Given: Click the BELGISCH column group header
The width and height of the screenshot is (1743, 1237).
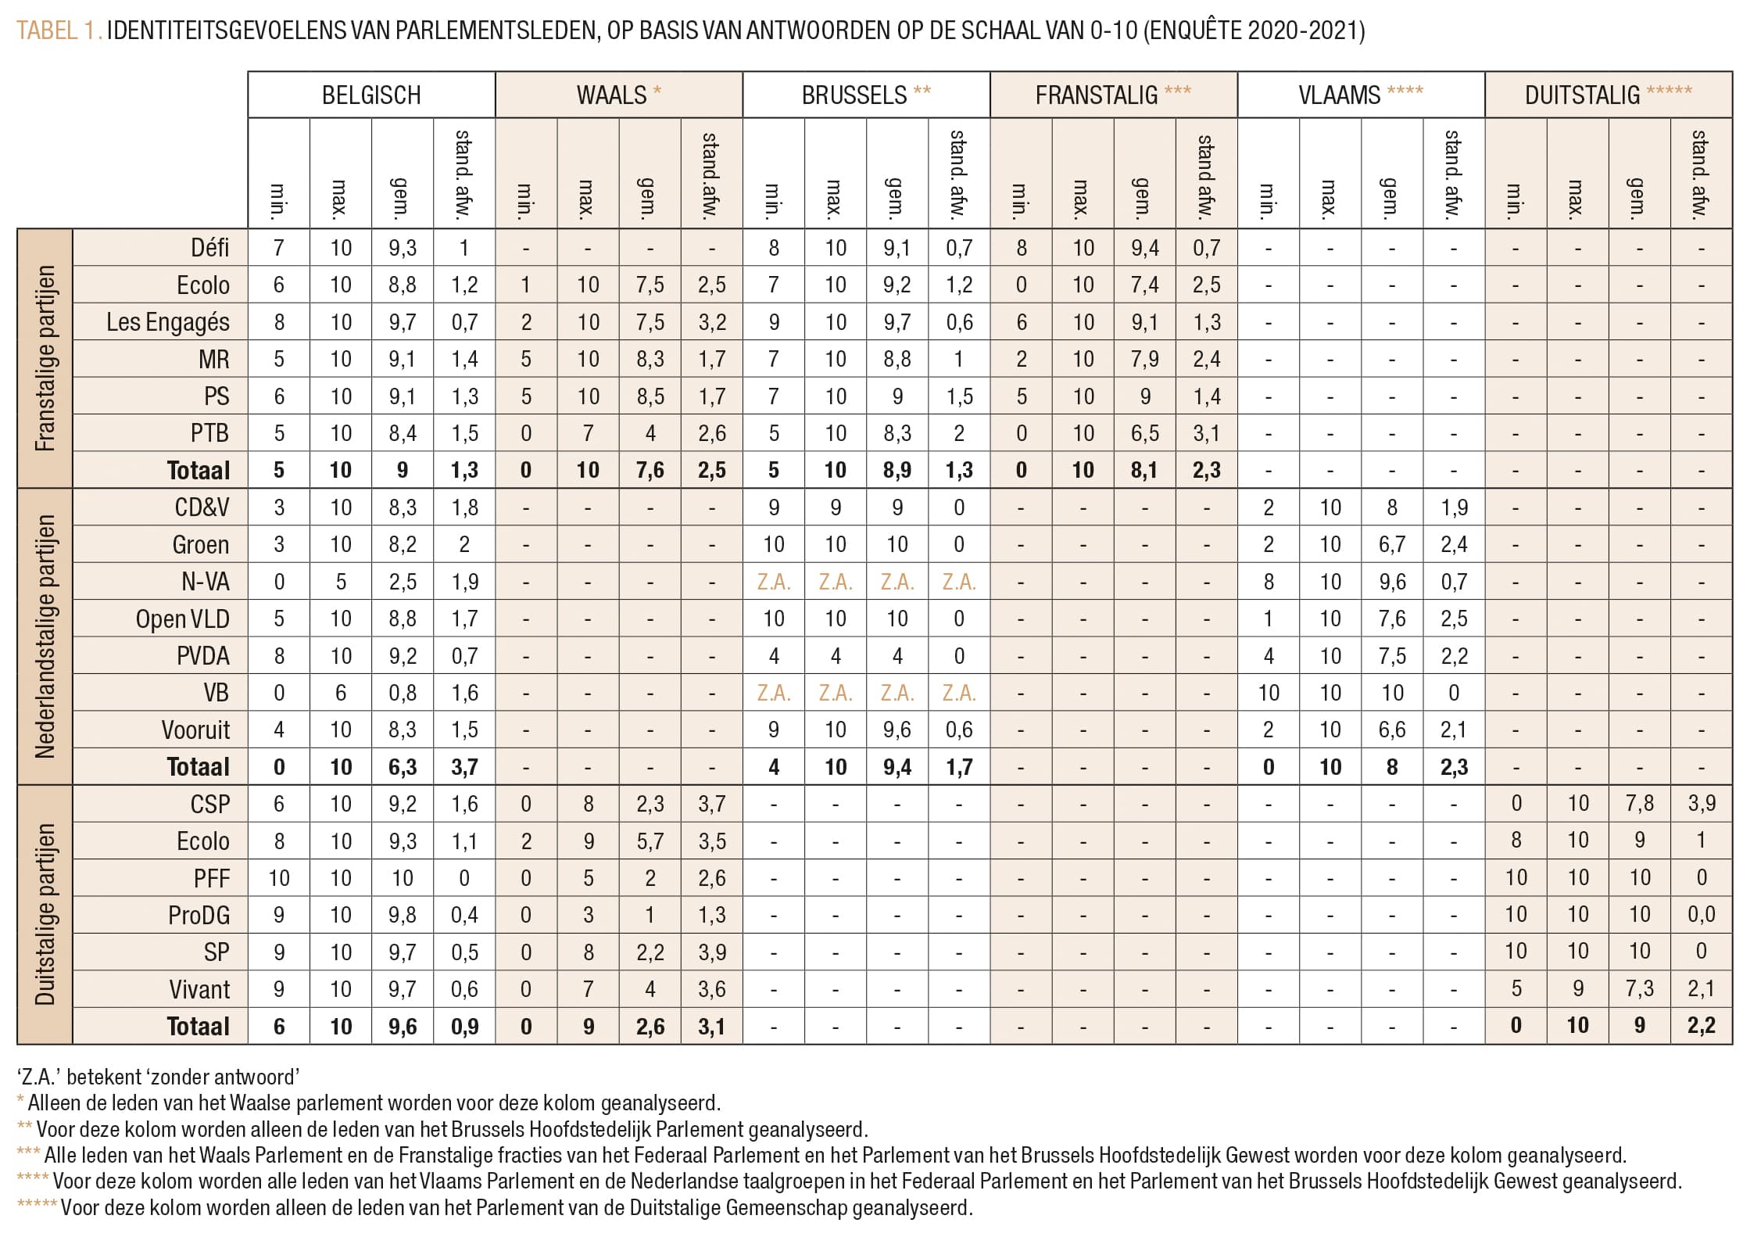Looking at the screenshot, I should tap(371, 95).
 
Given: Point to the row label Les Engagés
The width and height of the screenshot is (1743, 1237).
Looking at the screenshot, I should tap(168, 322).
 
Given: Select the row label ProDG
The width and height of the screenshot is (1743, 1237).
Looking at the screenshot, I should tap(199, 915).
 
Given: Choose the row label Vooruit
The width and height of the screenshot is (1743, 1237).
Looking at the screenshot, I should tap(195, 730).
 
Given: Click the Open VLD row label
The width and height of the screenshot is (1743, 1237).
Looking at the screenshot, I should tap(182, 619).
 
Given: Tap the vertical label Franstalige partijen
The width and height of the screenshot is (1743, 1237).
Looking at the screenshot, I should tap(45, 358).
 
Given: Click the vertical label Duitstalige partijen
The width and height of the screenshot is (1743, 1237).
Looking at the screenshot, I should tap(45, 914).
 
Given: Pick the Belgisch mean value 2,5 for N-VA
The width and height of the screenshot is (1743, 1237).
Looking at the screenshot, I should tap(403, 582).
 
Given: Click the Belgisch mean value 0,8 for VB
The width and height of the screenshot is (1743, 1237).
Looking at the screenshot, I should tap(403, 693).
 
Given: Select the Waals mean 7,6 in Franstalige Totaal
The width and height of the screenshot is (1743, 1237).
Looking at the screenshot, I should tap(650, 471).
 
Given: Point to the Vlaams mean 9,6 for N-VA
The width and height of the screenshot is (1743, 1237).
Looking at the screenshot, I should tap(1392, 582).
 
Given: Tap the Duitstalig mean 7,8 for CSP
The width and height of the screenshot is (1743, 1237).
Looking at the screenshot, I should tap(1639, 804).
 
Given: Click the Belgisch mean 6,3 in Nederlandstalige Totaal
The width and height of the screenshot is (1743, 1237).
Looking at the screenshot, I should tap(403, 767).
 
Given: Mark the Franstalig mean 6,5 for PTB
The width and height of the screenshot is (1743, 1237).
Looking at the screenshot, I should tap(1144, 433).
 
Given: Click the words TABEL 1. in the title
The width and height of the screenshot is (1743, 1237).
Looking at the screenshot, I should tap(59, 30).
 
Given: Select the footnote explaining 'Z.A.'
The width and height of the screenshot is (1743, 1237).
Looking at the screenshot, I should tap(159, 1077).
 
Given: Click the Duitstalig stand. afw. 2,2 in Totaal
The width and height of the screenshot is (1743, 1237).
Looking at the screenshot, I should tap(1701, 1026).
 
